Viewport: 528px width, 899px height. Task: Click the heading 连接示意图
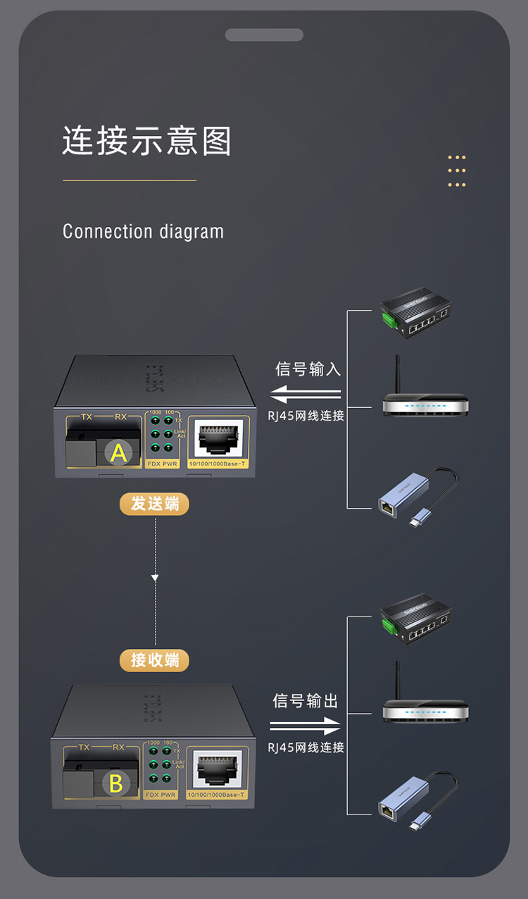(146, 141)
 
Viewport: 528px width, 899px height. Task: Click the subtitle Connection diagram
(143, 232)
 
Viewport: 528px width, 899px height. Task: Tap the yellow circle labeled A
(118, 452)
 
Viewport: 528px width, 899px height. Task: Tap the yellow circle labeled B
(116, 783)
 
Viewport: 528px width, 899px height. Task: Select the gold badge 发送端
(154, 504)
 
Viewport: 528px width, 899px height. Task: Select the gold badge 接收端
(154, 660)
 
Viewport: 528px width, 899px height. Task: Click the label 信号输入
(308, 369)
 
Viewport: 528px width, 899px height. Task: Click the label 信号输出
(306, 701)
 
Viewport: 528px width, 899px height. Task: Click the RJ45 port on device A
(219, 440)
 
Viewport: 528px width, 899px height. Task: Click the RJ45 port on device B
(218, 769)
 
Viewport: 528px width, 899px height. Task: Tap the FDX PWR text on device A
(161, 464)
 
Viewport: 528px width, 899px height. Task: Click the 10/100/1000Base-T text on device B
(217, 795)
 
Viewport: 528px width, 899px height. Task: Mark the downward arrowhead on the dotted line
(155, 578)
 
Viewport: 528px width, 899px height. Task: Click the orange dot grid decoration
(457, 171)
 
